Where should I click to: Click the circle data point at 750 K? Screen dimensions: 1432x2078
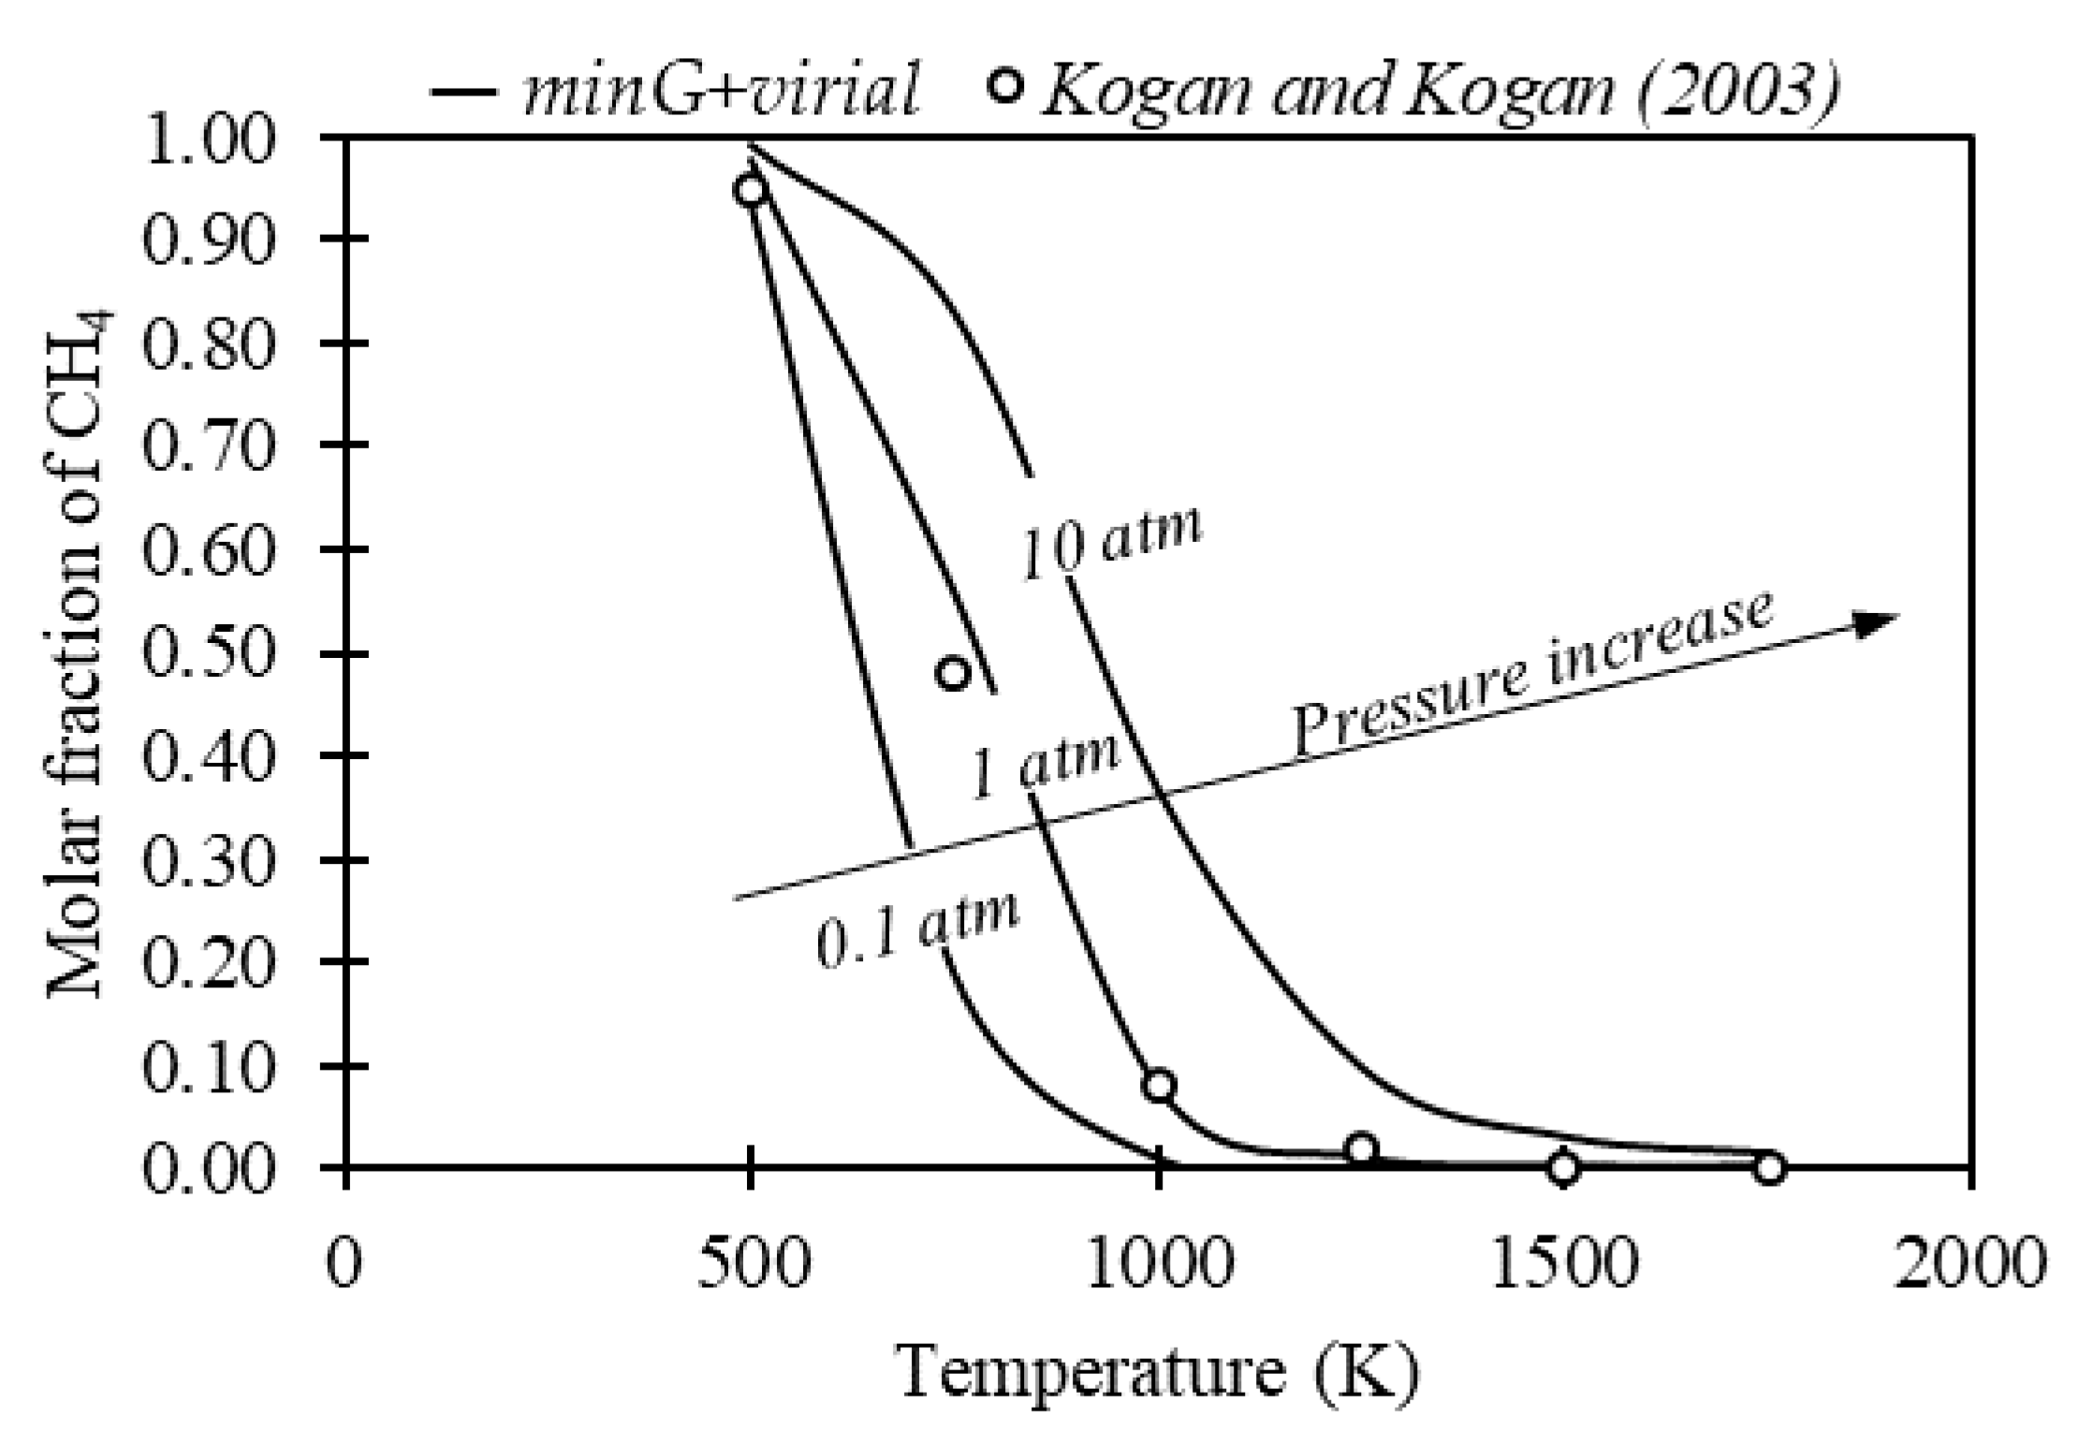pyautogui.click(x=953, y=673)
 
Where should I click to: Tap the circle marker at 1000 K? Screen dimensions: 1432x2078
pyautogui.click(x=1159, y=1085)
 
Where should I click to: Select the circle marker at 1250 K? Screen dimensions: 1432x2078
pyautogui.click(x=1362, y=1148)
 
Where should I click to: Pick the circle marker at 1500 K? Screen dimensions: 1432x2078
pyautogui.click(x=1563, y=1167)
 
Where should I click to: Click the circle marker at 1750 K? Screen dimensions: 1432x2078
pyautogui.click(x=1768, y=1167)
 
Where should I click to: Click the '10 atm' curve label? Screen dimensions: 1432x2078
pyautogui.click(x=1110, y=543)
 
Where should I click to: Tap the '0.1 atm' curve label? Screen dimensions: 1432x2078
pyautogui.click(x=917, y=932)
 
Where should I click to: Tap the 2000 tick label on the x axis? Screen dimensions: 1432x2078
pyautogui.click(x=1971, y=1264)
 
